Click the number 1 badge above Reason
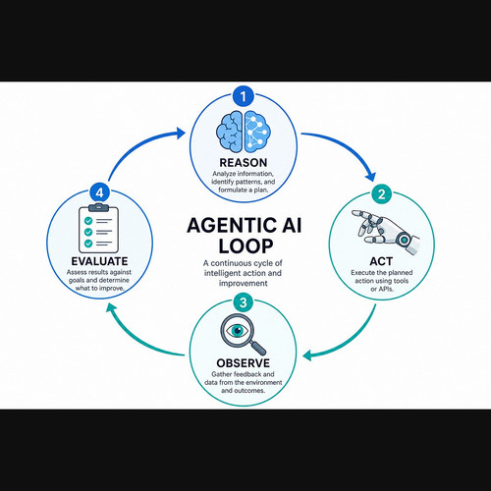point(244,96)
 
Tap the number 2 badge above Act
point(381,194)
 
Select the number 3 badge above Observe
point(244,302)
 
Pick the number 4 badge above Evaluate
point(99,192)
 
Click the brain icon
point(244,132)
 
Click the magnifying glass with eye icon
point(243,335)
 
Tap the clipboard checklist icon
point(98,228)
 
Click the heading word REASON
point(244,163)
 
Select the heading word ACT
point(381,261)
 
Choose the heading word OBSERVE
point(244,363)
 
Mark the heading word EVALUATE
point(99,261)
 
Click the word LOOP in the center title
point(245,246)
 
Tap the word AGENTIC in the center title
point(230,226)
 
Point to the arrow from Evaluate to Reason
point(137,146)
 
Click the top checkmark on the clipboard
point(88,221)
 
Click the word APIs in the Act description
point(386,289)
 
